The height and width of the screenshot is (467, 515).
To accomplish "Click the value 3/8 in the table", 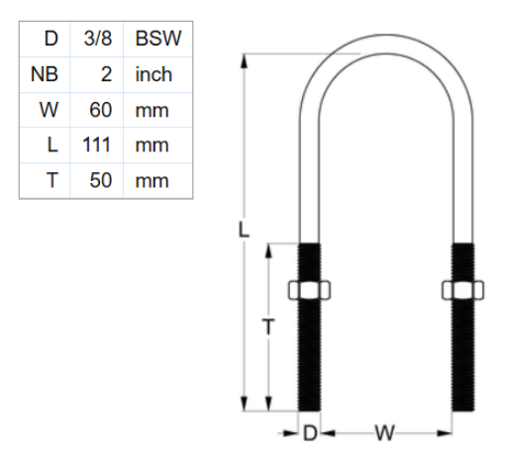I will tap(98, 40).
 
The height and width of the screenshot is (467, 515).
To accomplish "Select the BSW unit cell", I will tap(156, 40).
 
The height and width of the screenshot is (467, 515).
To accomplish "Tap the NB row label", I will tap(45, 74).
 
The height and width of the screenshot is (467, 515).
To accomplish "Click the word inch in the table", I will tap(154, 74).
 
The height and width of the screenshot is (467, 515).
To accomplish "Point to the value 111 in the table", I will tap(97, 145).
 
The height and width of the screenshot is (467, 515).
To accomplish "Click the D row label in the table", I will tap(51, 40).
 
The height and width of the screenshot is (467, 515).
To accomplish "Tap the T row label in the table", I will tap(51, 181).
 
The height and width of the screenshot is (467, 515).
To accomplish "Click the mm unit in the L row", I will tap(152, 145).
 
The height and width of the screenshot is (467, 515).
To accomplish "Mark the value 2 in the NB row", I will tap(105, 74).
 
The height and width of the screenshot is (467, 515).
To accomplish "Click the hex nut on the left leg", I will tap(309, 291).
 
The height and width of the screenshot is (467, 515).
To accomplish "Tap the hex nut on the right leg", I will tap(463, 291).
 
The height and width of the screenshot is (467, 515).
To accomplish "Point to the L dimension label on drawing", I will tap(245, 230).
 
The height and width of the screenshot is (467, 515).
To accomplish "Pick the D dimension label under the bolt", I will tap(309, 433).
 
